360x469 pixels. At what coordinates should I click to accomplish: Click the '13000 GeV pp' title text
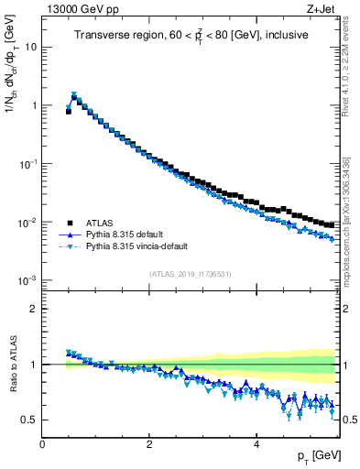80,10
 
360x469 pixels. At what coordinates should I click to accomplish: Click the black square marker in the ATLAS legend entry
70,222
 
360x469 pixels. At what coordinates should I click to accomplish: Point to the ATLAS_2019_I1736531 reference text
191,273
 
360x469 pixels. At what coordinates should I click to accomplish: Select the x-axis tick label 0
42,444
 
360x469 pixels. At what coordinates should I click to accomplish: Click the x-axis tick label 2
149,444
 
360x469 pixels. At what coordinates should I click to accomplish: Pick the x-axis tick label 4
256,444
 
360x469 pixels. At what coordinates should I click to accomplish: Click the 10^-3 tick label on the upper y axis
27,280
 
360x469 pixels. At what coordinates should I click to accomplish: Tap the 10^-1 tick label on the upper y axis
27,163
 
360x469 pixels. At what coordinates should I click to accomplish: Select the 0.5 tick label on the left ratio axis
29,420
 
